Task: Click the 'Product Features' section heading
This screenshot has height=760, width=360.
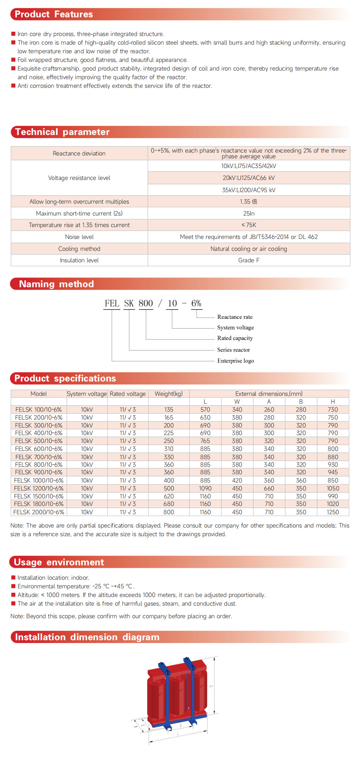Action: tap(54, 14)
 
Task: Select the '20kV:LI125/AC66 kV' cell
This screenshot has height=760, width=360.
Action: tap(248, 178)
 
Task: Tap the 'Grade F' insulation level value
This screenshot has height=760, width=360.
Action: tap(248, 260)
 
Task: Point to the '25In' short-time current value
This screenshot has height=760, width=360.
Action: tap(248, 213)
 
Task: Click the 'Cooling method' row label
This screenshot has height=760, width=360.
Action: tap(79, 249)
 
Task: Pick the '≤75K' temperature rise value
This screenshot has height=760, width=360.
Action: tap(248, 225)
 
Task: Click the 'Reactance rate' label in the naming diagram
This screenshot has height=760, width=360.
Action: tap(235, 317)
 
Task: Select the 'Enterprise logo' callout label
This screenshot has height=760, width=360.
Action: tap(235, 361)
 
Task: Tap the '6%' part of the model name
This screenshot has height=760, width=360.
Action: tap(196, 303)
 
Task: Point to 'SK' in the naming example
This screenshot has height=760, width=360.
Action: tap(129, 303)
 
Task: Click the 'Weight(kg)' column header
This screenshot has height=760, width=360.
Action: tap(168, 394)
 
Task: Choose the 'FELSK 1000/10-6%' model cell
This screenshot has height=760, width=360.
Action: tap(39, 480)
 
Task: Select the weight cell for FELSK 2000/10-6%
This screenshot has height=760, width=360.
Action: tap(168, 512)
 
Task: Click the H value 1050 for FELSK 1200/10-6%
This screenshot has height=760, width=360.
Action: tap(333, 488)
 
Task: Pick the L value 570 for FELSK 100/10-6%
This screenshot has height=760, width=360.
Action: tap(205, 410)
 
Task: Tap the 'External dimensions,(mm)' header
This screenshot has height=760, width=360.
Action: tap(269, 394)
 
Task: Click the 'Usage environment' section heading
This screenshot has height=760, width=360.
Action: tap(59, 562)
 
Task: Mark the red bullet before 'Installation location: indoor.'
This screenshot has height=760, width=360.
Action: tap(13, 578)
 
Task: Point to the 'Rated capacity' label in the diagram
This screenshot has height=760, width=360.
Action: tap(235, 338)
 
